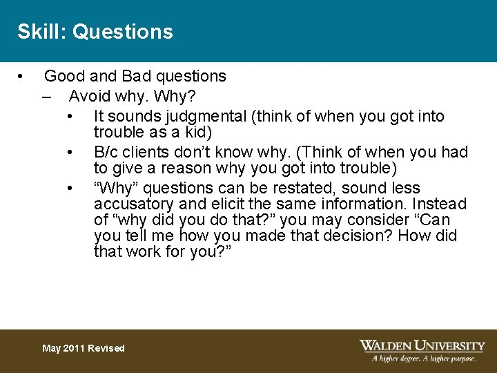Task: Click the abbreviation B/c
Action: [x=107, y=152]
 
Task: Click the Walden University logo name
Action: [x=422, y=345]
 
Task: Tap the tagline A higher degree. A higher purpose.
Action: [x=424, y=358]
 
